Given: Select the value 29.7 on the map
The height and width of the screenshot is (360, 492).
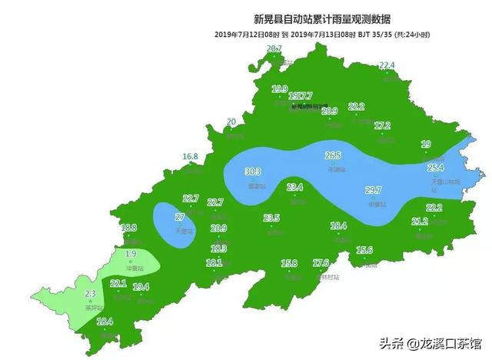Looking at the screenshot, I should [374, 191].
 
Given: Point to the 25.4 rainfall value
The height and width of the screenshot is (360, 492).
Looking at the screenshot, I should [436, 168].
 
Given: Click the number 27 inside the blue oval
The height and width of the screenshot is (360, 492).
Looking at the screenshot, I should [179, 218].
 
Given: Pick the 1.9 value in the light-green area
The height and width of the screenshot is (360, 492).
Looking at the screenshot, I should [131, 254].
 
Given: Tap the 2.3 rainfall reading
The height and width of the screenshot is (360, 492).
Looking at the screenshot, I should [90, 294].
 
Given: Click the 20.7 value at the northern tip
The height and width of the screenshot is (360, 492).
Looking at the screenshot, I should [274, 49].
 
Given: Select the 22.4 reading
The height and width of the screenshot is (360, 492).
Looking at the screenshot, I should [386, 65].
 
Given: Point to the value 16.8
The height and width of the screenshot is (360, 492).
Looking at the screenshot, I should [191, 157].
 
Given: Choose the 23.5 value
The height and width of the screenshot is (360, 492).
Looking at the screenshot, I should [271, 218].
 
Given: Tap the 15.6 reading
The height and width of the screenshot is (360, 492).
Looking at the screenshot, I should [364, 250].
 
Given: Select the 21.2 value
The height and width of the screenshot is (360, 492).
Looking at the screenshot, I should [420, 222].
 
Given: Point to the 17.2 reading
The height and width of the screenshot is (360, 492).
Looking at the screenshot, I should [382, 125].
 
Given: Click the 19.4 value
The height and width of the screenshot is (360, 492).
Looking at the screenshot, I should [141, 287].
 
